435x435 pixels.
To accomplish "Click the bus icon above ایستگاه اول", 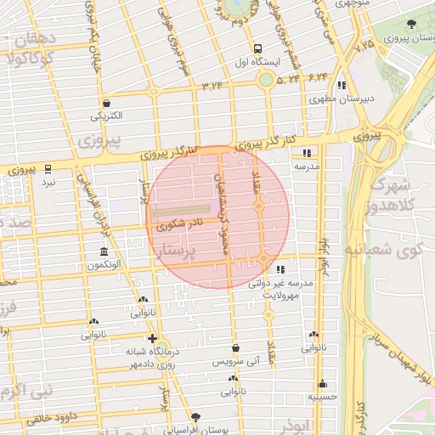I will click(257, 48).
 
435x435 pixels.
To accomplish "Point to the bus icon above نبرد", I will click(48, 168).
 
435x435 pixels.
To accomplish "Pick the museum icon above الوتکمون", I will click(104, 252).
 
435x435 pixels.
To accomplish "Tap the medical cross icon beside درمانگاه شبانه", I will click(152, 338).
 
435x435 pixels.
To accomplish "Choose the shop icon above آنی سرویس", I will click(235, 347).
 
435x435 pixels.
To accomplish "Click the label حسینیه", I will click(323, 397).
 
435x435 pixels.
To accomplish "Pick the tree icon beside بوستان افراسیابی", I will click(196, 417).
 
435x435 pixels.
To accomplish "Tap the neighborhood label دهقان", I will click(34, 40).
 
